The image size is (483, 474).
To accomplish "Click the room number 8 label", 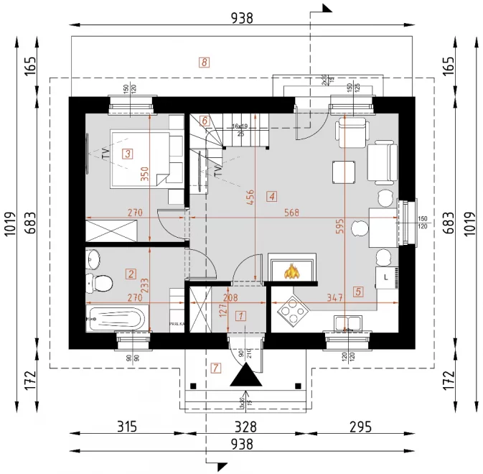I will pyautogui.click(x=205, y=62).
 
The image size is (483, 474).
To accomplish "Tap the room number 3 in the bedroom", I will pyautogui.click(x=127, y=153).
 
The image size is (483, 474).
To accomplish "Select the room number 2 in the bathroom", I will pyautogui.click(x=131, y=273).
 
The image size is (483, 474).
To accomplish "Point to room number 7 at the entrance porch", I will pyautogui.click(x=217, y=368).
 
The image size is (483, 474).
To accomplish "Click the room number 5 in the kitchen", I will pyautogui.click(x=358, y=292).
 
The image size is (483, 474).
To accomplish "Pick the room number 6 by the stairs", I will pyautogui.click(x=205, y=121).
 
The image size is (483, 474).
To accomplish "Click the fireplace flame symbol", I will pyautogui.click(x=292, y=271).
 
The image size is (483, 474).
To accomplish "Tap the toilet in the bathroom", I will pyautogui.click(x=97, y=282).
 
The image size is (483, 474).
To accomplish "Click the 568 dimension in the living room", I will pyautogui.click(x=291, y=213).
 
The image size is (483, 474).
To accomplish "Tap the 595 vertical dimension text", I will pyautogui.click(x=339, y=226).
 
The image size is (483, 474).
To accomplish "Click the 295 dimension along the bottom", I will pyautogui.click(x=360, y=427).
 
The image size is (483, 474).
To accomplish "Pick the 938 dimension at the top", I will pyautogui.click(x=242, y=19).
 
